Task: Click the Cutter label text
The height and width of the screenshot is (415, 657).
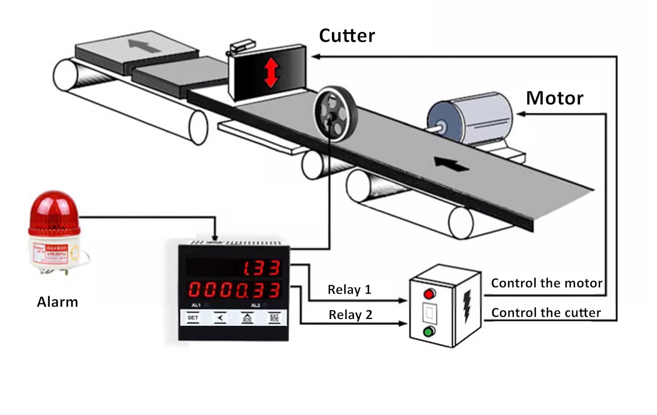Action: pos(347,35)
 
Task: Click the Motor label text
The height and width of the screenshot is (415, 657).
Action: pos(555,98)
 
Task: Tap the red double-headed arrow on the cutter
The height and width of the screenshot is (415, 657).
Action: pos(271,72)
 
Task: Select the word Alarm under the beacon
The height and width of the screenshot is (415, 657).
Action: pos(57,302)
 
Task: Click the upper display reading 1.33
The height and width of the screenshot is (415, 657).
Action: pos(261,268)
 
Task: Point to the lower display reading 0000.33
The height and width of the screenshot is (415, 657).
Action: pos(234,290)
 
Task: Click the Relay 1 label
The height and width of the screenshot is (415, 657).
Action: pos(349,290)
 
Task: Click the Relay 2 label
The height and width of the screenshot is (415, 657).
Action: pos(350,315)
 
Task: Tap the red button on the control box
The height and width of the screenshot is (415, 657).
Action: pos(430,293)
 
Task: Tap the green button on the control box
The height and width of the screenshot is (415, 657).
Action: pos(430,332)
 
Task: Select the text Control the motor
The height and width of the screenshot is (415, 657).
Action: pos(547,283)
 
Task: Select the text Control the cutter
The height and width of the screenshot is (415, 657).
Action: pos(546,312)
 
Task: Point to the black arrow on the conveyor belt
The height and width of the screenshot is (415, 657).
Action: pos(451,165)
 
